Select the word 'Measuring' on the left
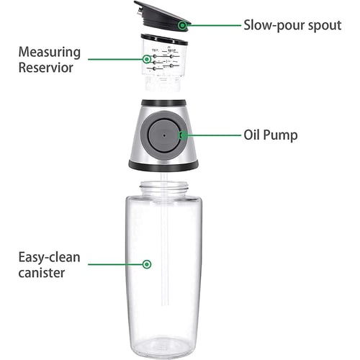[x=50, y=53]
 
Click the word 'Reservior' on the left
[x=47, y=69]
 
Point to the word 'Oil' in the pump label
[x=254, y=135]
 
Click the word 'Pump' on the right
[x=284, y=135]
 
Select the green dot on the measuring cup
[x=148, y=58]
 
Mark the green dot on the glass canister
[x=147, y=264]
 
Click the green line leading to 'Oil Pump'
[x=212, y=135]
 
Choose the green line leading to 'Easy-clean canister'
[x=115, y=264]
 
